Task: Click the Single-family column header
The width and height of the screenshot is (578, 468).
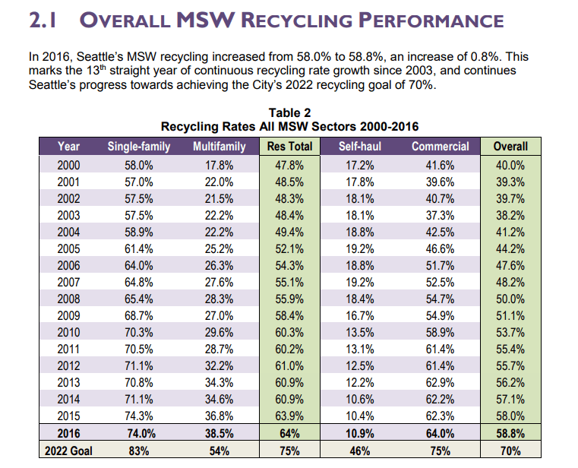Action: pos(139,147)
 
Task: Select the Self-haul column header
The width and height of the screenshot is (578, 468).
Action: pos(359,147)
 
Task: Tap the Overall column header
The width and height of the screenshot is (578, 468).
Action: pos(510,147)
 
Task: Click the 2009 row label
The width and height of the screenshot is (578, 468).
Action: pos(69,314)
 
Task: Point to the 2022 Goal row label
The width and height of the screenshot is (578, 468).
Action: pos(69,451)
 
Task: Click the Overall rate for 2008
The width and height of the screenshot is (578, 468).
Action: pos(510,297)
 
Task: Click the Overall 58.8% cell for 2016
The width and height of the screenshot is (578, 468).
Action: pos(510,433)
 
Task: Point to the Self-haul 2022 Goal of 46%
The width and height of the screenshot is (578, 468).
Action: pos(359,451)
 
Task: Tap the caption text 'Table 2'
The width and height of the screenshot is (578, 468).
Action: pos(289,112)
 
